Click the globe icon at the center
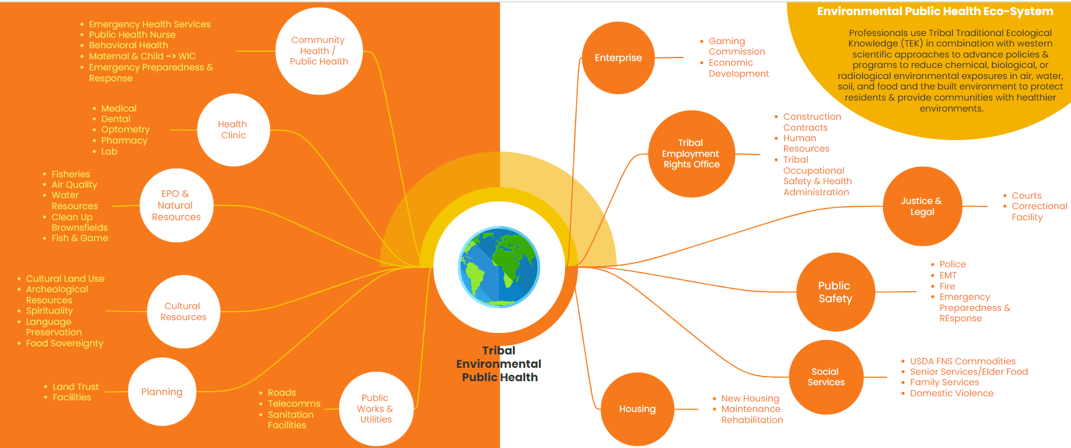click(x=499, y=267)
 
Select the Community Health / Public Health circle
click(x=319, y=51)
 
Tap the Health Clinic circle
click(x=233, y=130)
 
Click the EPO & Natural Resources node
click(x=177, y=206)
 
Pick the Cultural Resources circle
click(x=184, y=311)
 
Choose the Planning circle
click(x=162, y=392)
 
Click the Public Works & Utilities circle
click(x=376, y=408)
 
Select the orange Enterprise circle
click(x=618, y=58)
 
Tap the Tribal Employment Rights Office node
click(x=691, y=154)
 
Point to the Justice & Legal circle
click(x=922, y=206)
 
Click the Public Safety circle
click(x=835, y=292)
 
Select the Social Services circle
click(x=826, y=377)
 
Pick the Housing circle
click(x=637, y=409)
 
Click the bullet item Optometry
click(x=125, y=130)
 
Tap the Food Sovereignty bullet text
click(x=64, y=343)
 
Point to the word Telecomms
click(x=294, y=404)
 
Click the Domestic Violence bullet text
click(x=951, y=393)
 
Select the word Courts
click(x=1026, y=196)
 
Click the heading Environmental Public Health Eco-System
click(x=935, y=12)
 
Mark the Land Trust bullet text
click(x=76, y=387)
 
